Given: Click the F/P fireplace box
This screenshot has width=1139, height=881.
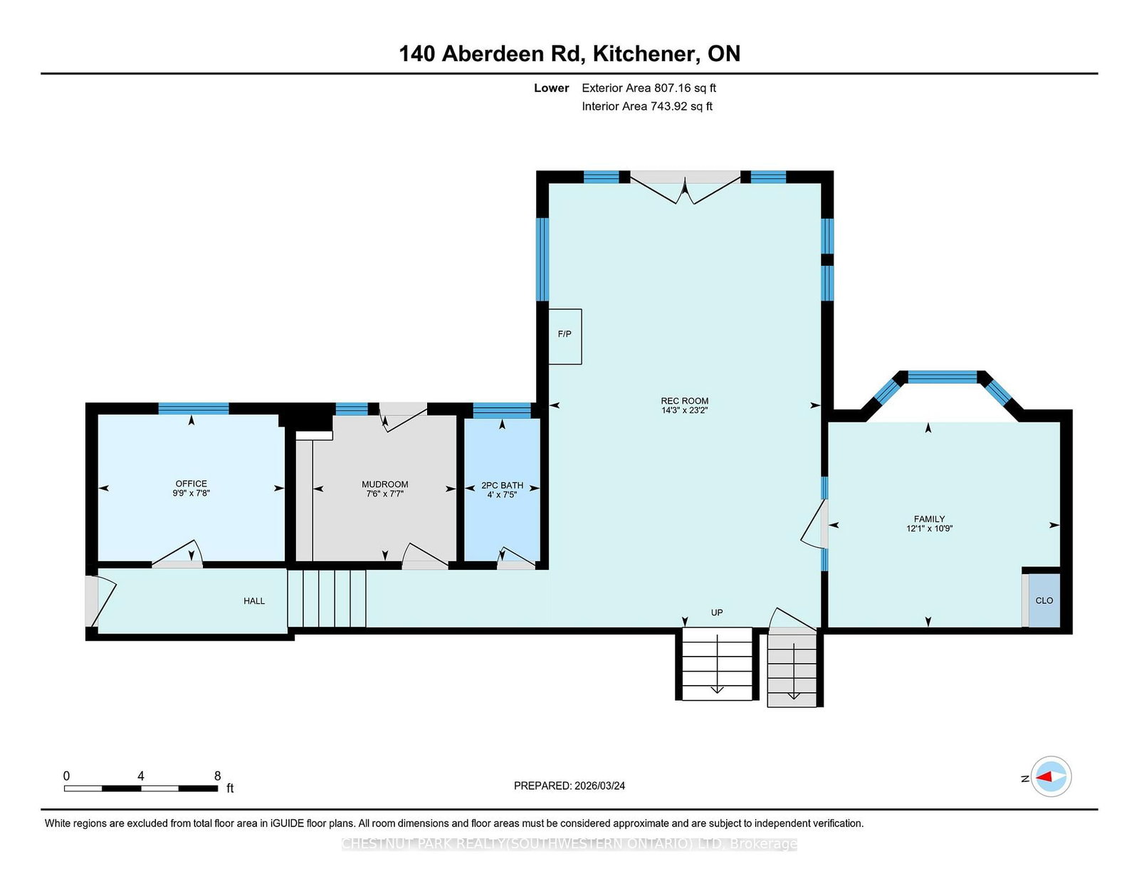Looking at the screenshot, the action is (x=565, y=336).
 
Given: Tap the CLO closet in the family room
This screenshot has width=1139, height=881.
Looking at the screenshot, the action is (x=1044, y=600).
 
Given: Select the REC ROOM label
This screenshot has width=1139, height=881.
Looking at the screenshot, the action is (x=685, y=401).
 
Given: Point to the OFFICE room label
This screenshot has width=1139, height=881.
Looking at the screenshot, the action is (x=191, y=484).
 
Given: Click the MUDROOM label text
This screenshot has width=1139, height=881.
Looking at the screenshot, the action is (x=384, y=484).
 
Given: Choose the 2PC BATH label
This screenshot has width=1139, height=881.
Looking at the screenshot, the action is (x=502, y=486).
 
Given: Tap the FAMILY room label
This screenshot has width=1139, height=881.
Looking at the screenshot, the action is (x=929, y=519).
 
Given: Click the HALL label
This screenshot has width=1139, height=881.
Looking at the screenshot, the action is (x=254, y=601).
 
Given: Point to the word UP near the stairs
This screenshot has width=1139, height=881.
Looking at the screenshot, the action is (x=717, y=612).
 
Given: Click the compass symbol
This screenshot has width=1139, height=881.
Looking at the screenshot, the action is (x=1051, y=776).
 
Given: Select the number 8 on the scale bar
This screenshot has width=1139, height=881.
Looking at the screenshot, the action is (x=218, y=776).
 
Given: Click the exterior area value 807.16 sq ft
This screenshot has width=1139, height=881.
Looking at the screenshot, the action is (x=685, y=88).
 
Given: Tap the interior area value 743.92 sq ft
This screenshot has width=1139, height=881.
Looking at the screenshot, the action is (x=681, y=106).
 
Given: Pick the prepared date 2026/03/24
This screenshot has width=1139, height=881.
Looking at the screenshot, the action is (x=599, y=786).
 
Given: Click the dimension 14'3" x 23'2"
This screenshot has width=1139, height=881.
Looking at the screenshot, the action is (x=685, y=411).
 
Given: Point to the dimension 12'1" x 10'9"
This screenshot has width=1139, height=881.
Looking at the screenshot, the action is (x=929, y=528).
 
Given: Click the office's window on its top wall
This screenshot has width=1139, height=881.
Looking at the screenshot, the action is (x=194, y=409).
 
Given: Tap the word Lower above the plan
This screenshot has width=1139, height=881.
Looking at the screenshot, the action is (x=552, y=88).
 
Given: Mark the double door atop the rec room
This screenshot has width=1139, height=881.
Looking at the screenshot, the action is (x=685, y=188).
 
